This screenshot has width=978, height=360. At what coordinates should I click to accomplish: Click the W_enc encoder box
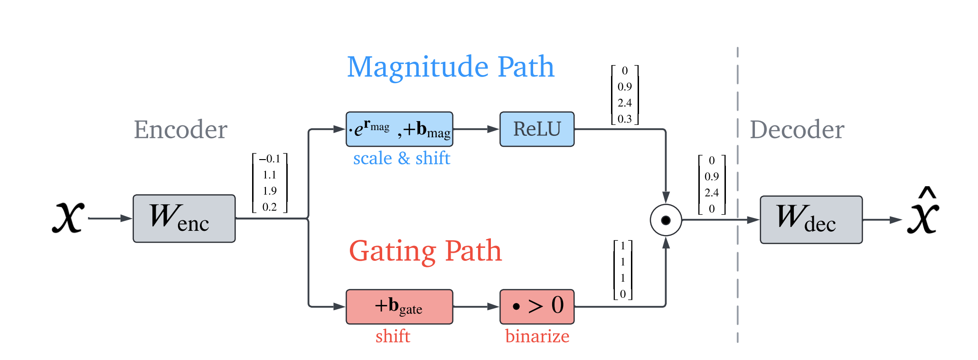pyautogui.click(x=184, y=218)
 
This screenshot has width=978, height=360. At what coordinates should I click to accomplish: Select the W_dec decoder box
pyautogui.click(x=811, y=220)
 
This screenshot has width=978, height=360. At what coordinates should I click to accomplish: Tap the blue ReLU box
pyautogui.click(x=536, y=129)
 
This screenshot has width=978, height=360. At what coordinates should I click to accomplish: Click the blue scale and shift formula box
pyautogui.click(x=399, y=129)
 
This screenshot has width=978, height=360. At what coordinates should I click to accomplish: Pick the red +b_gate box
pyautogui.click(x=399, y=307)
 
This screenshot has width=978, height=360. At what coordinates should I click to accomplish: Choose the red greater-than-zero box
pyautogui.click(x=536, y=307)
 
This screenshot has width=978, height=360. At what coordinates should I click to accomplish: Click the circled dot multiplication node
pyautogui.click(x=666, y=220)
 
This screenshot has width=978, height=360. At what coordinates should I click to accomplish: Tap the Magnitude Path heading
pyautogui.click(x=451, y=66)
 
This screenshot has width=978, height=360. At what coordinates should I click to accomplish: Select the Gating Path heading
pyautogui.click(x=425, y=251)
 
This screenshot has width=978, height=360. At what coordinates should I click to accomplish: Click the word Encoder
pyautogui.click(x=180, y=129)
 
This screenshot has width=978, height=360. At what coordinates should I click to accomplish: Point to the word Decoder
pyautogui.click(x=797, y=129)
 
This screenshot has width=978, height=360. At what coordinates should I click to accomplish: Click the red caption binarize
pyautogui.click(x=537, y=336)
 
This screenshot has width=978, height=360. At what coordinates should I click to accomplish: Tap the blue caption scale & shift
pyautogui.click(x=401, y=158)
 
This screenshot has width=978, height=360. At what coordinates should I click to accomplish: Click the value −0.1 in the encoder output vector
pyautogui.click(x=269, y=159)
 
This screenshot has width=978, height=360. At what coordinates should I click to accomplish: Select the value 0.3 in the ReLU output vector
pyautogui.click(x=625, y=119)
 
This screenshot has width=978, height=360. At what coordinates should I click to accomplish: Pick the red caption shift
pyautogui.click(x=393, y=336)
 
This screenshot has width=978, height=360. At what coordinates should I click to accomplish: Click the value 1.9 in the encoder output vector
pyautogui.click(x=270, y=191)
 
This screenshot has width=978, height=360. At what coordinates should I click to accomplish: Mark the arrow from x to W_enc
pyautogui.click(x=110, y=218)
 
